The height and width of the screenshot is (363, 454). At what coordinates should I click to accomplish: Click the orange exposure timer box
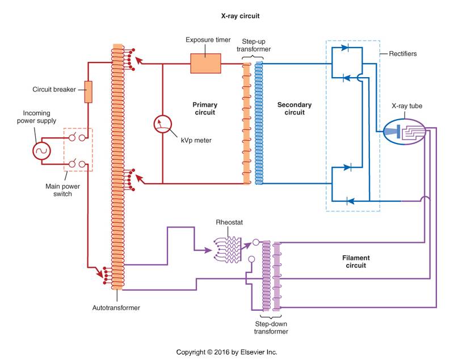205,64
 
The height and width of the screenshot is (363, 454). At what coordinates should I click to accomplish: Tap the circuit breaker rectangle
89,92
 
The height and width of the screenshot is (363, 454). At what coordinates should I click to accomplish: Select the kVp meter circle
163,124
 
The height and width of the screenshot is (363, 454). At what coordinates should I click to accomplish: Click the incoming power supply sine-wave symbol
41,151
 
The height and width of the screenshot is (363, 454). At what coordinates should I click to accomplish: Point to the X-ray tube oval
404,132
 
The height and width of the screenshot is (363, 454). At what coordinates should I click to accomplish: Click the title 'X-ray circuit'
240,16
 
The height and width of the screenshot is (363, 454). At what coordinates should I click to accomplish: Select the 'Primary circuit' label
205,108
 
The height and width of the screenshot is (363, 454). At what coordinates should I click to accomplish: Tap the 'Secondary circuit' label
295,108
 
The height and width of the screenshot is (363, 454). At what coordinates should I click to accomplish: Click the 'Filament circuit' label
356,261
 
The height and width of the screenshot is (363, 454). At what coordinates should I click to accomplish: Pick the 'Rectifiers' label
403,53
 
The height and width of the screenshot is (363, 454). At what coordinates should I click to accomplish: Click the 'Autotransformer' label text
116,308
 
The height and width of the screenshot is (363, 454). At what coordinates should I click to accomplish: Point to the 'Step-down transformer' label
271,328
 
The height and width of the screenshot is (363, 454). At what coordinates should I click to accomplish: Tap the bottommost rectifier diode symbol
350,201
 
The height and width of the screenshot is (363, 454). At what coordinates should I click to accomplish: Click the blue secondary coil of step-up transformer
259,123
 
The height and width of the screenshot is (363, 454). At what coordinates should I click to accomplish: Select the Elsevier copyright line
226,352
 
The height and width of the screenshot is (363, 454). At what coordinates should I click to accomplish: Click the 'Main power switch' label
62,190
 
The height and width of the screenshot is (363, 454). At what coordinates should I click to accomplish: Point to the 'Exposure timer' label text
208,40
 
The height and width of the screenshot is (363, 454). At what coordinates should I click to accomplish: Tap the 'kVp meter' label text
196,141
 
